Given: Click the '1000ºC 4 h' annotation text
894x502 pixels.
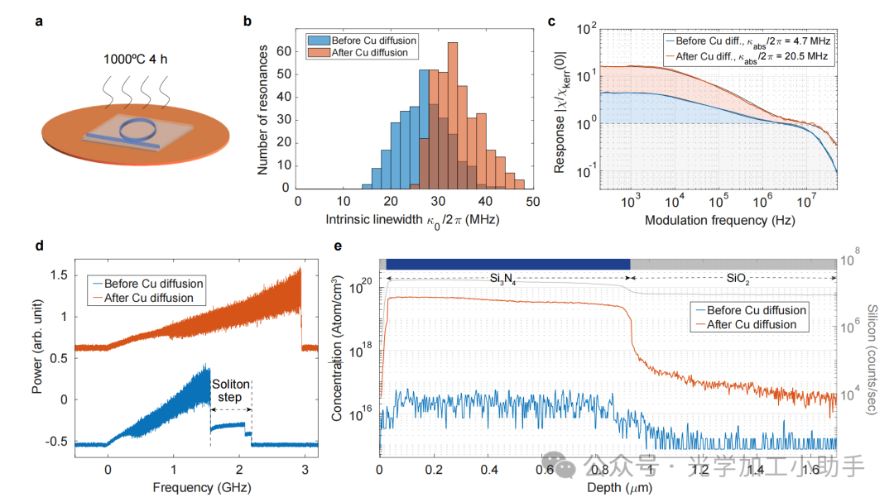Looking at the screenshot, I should tap(134, 60).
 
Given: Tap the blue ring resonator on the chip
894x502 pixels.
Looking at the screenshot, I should tap(137, 130).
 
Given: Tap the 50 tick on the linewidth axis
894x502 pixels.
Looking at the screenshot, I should tap(533, 201).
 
